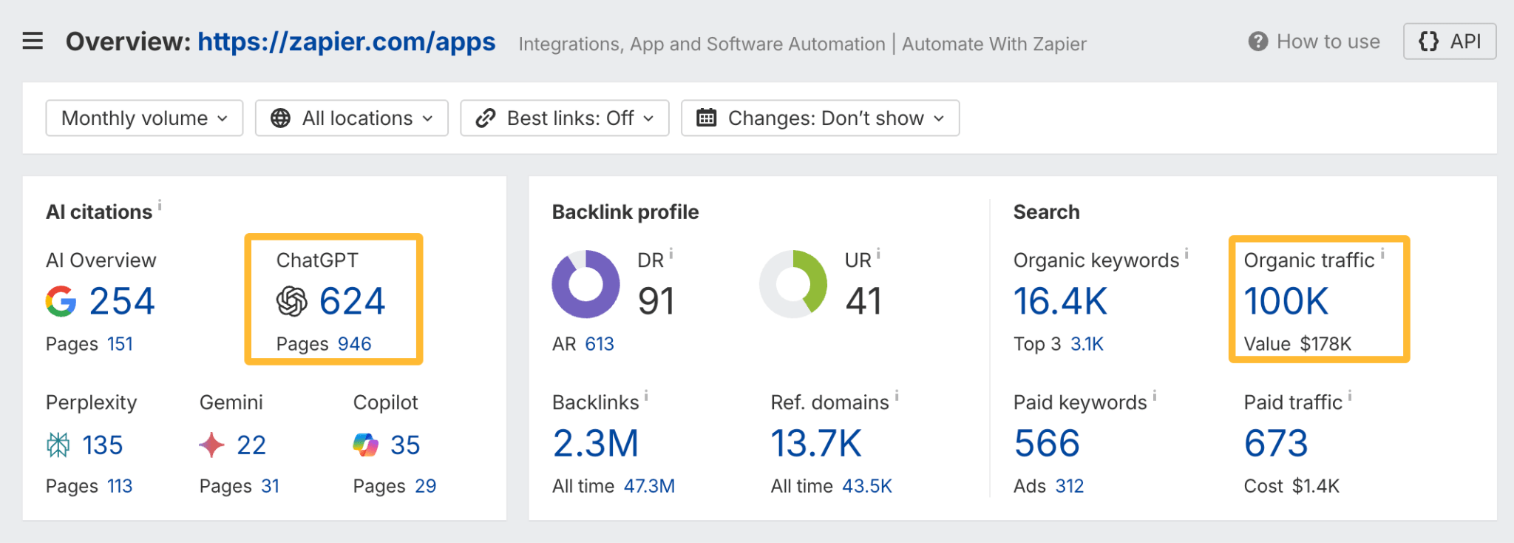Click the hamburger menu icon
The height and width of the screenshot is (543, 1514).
coord(33,41)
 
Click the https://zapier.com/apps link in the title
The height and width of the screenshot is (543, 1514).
coord(346,41)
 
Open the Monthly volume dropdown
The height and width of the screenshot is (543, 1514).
coord(144,118)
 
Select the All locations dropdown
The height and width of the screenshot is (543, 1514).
coord(352,118)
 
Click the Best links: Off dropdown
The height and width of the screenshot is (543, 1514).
coord(565,118)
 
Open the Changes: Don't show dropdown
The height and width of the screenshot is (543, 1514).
coord(820,118)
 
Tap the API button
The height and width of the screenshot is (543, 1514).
coord(1450,41)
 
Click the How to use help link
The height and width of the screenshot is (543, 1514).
coord(1314,41)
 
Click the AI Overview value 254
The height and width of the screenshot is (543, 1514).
coord(122,301)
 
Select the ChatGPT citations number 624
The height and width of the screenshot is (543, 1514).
coord(352,301)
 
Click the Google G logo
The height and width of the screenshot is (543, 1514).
coord(61,301)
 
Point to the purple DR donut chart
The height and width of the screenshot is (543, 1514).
coord(585,284)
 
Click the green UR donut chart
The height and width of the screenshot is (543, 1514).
coord(793,284)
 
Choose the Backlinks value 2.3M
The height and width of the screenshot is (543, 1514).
coord(596,444)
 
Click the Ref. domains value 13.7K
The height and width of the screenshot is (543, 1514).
coord(816,444)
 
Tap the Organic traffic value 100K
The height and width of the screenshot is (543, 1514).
coord(1286,301)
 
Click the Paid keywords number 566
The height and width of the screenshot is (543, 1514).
coord(1047,444)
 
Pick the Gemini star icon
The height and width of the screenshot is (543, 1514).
coord(211,445)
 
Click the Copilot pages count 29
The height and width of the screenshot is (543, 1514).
coord(425,486)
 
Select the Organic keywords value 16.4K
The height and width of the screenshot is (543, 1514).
coord(1060,301)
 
